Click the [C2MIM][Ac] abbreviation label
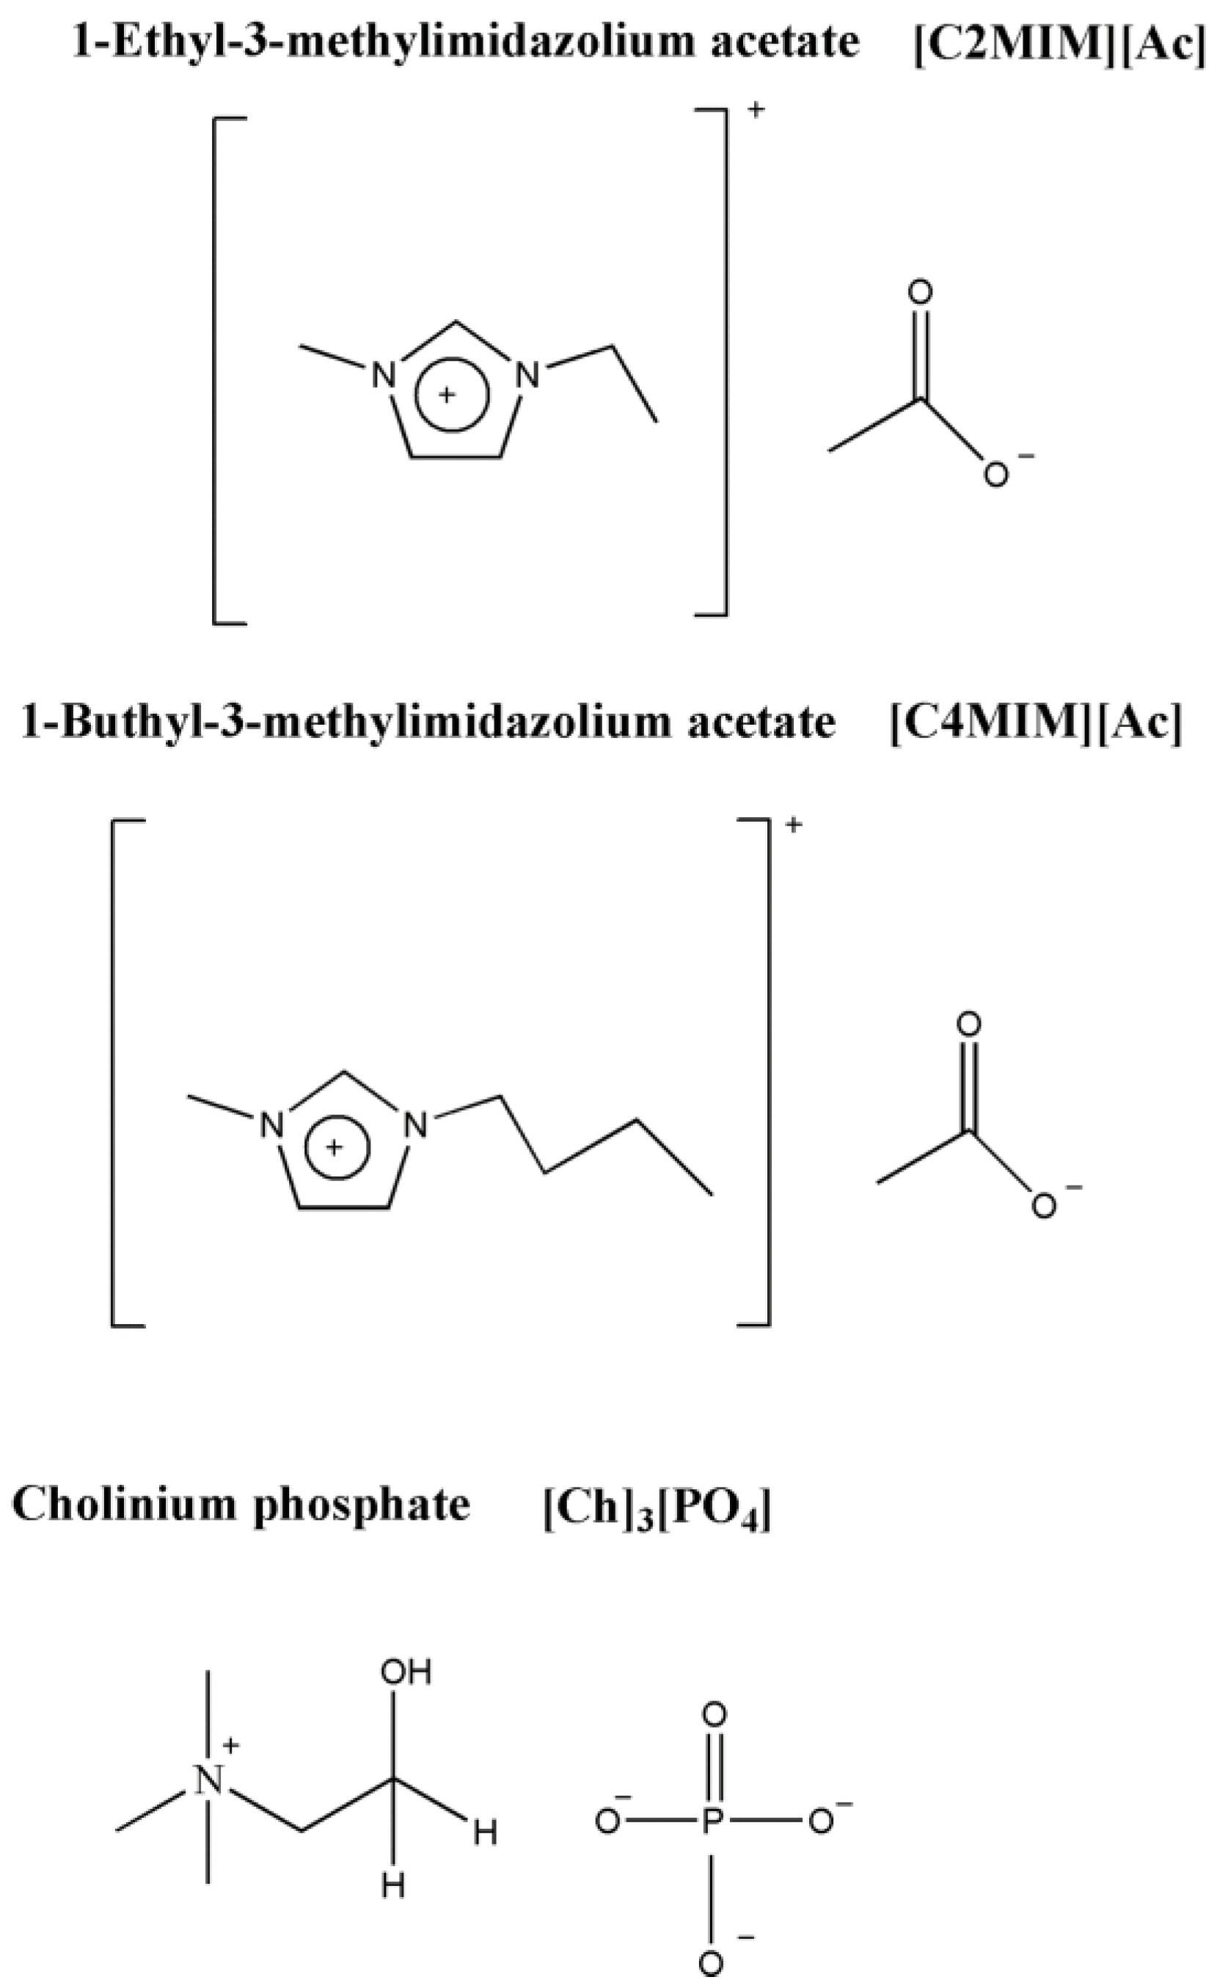(1059, 42)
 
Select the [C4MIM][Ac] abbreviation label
(1034, 721)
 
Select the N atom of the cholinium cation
(209, 1780)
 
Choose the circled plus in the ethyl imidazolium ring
(451, 395)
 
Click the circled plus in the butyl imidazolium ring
(337, 1147)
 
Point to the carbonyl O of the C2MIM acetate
(919, 293)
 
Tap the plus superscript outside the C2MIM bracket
(756, 111)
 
